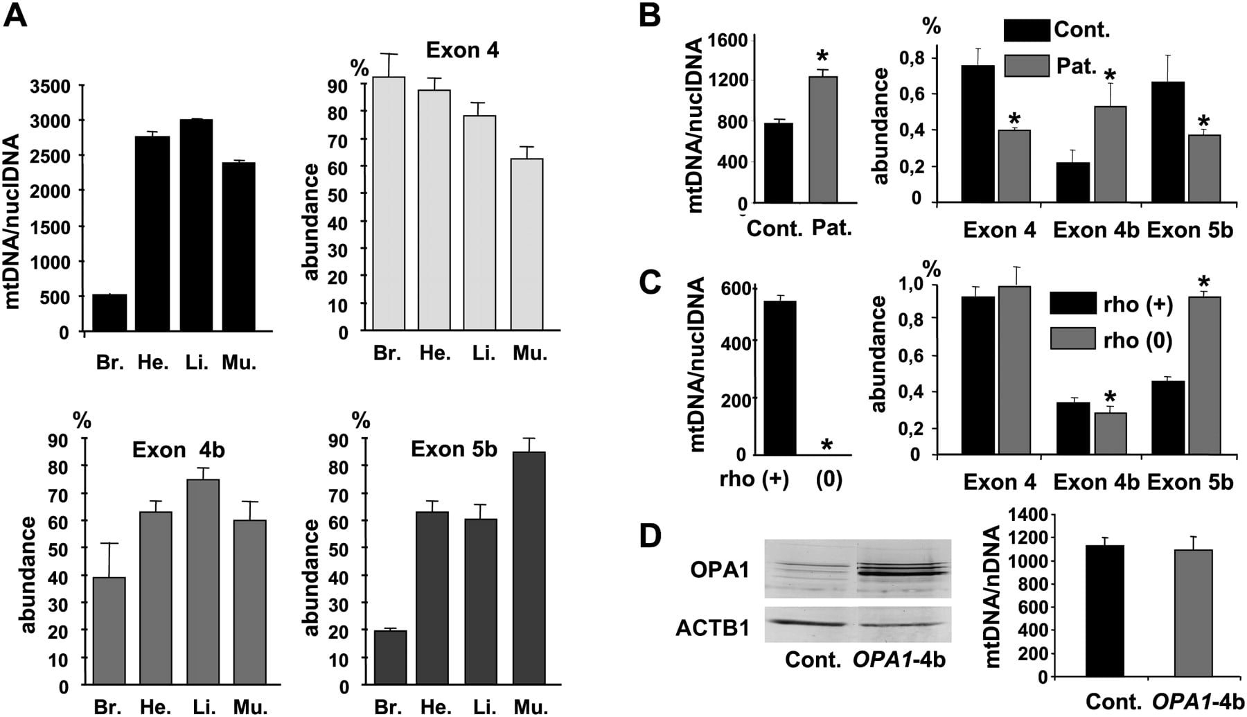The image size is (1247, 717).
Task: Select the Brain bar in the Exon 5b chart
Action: (390, 658)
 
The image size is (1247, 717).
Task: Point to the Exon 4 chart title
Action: (462, 50)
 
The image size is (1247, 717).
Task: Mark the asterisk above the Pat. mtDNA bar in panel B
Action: (822, 57)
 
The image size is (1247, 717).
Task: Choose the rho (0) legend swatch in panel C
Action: (1073, 339)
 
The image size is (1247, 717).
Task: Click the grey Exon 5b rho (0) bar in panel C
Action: (1203, 375)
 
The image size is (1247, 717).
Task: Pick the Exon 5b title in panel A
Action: (454, 449)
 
